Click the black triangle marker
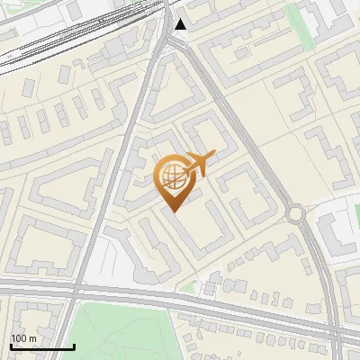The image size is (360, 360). pos(181,24)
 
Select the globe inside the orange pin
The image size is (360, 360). pos(172,176)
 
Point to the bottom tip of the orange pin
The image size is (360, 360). pos(173,210)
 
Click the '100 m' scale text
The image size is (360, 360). pos(23,337)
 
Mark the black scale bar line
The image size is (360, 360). pos(42,346)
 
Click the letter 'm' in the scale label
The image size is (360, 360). pos(32,337)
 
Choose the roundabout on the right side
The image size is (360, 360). pos(296,213)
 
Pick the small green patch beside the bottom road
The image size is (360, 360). pos(187,289)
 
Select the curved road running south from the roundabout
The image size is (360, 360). pos(320,270)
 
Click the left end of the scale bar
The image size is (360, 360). pos(11,346)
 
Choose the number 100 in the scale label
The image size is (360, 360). pos(19,337)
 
